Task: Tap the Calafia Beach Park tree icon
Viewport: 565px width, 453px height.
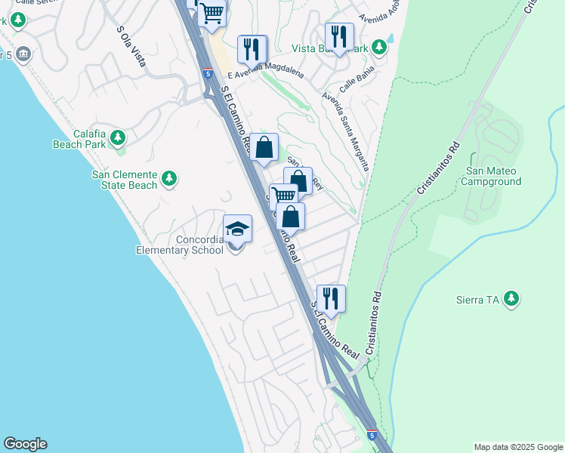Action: (117, 137)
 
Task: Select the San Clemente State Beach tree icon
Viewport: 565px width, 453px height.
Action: (170, 178)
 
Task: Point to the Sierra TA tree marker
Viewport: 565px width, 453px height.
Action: (512, 299)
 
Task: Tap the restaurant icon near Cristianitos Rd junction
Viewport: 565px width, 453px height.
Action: (331, 297)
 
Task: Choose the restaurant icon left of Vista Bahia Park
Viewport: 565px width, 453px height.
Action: (339, 35)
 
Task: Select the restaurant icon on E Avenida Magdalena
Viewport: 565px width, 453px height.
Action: (252, 49)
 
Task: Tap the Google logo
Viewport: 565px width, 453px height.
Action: (25, 444)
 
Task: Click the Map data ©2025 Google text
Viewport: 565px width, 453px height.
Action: (518, 447)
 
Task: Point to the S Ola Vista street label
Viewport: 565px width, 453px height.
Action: (131, 47)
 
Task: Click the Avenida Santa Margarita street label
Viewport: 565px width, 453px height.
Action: (345, 131)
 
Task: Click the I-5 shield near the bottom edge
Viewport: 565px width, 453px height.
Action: (371, 436)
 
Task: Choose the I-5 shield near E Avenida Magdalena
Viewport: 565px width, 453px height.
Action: (207, 73)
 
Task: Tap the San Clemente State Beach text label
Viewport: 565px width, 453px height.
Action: (125, 180)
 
